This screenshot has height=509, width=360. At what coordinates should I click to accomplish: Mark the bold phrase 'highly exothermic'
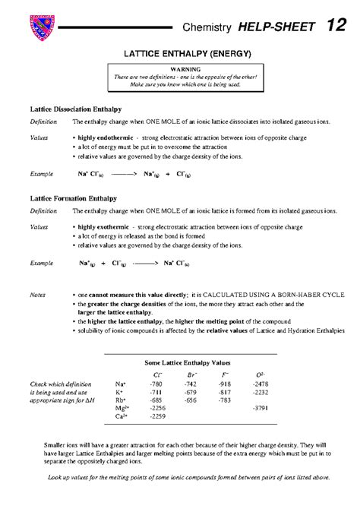[104, 226]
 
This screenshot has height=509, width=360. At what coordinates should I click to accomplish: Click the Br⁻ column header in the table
[192, 375]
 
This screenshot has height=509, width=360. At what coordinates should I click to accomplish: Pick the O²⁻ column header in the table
[260, 375]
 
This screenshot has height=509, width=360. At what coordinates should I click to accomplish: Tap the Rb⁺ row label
[120, 400]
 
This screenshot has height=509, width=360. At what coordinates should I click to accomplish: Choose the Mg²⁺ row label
[121, 408]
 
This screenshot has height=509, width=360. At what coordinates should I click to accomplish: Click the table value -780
[157, 384]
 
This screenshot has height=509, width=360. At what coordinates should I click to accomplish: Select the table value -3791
[260, 408]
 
